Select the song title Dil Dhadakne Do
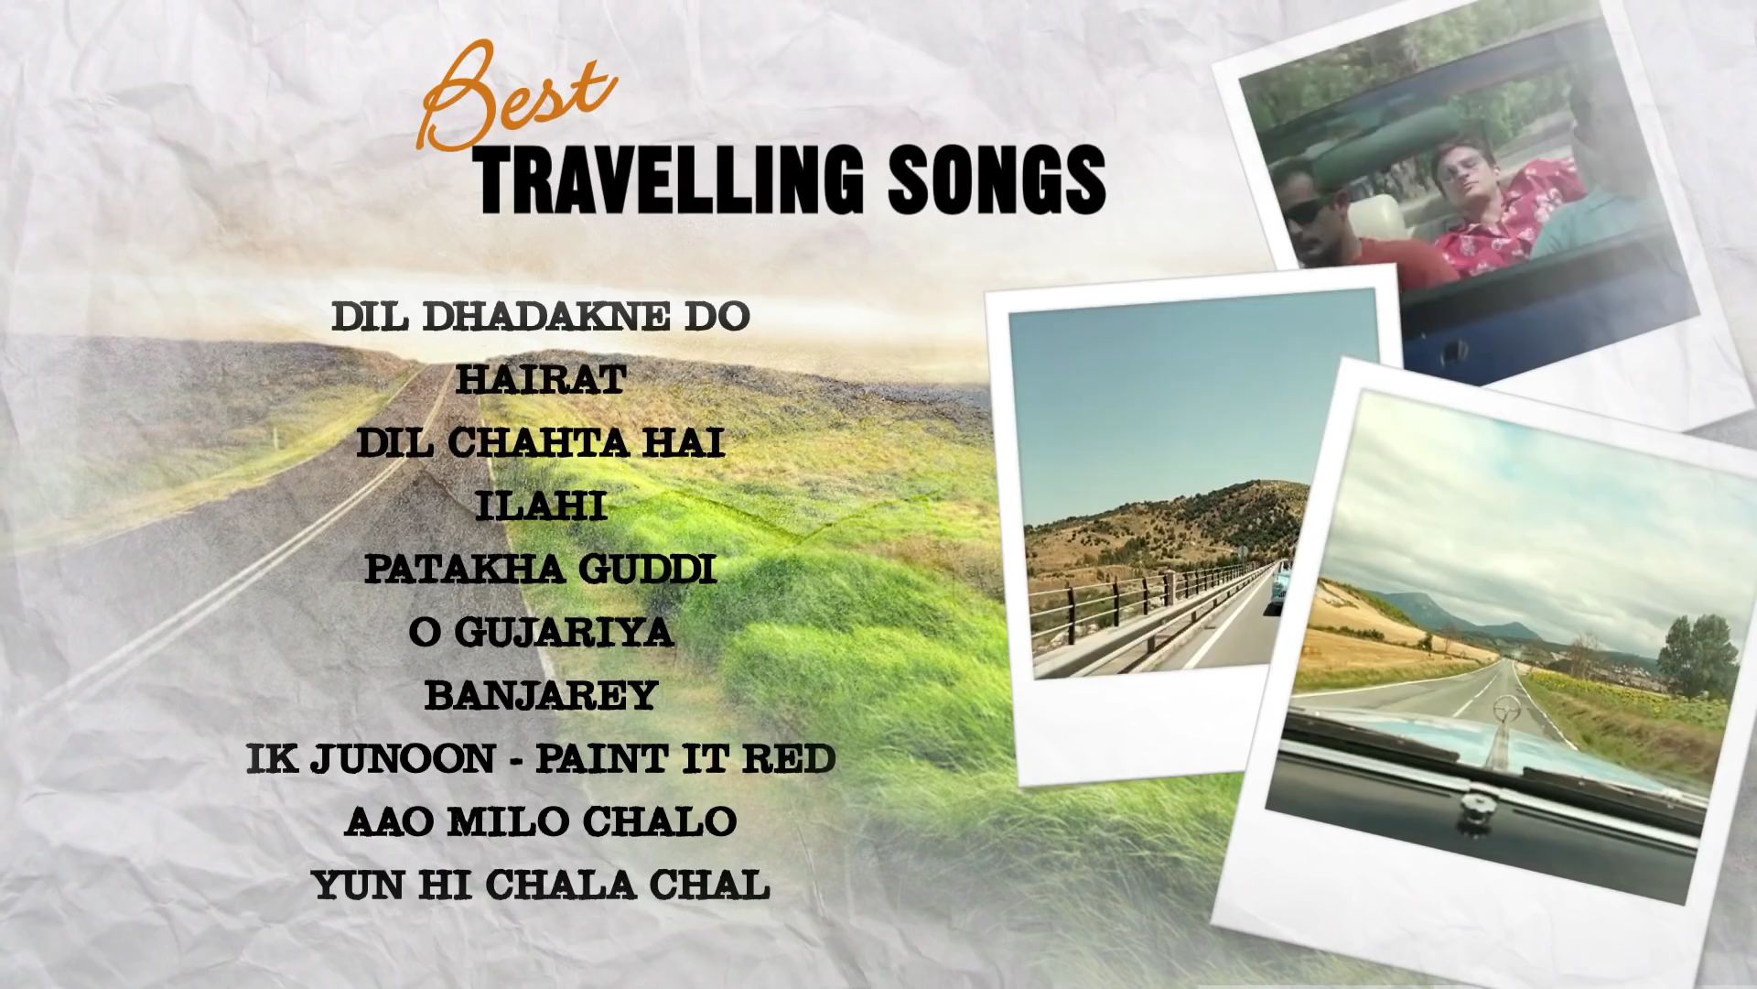pyautogui.click(x=541, y=317)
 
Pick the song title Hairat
pyautogui.click(x=541, y=380)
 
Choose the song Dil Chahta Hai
pyautogui.click(x=541, y=443)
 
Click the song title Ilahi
pyautogui.click(x=541, y=506)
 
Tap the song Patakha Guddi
pyautogui.click(x=541, y=570)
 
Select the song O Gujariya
pyautogui.click(x=541, y=633)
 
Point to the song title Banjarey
pyautogui.click(x=541, y=696)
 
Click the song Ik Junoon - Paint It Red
pyautogui.click(x=541, y=759)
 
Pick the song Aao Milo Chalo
pyautogui.click(x=541, y=822)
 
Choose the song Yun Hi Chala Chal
pyautogui.click(x=541, y=886)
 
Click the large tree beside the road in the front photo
pyautogui.click(x=1697, y=655)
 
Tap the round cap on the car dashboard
pyautogui.click(x=1473, y=806)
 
